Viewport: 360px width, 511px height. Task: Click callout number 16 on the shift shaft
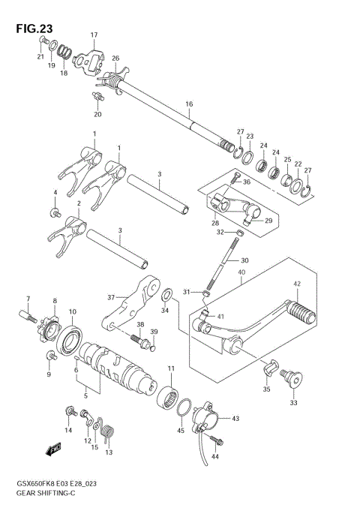[189, 104]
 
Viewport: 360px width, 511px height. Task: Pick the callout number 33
[292, 403]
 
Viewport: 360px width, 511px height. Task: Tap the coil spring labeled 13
[110, 433]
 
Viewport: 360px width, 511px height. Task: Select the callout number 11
[172, 368]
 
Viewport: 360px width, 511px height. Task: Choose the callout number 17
[94, 35]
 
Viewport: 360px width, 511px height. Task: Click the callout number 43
[235, 418]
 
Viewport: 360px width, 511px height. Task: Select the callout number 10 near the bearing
[72, 311]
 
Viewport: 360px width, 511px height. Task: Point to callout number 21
[40, 56]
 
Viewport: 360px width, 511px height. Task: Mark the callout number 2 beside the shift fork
[79, 203]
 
